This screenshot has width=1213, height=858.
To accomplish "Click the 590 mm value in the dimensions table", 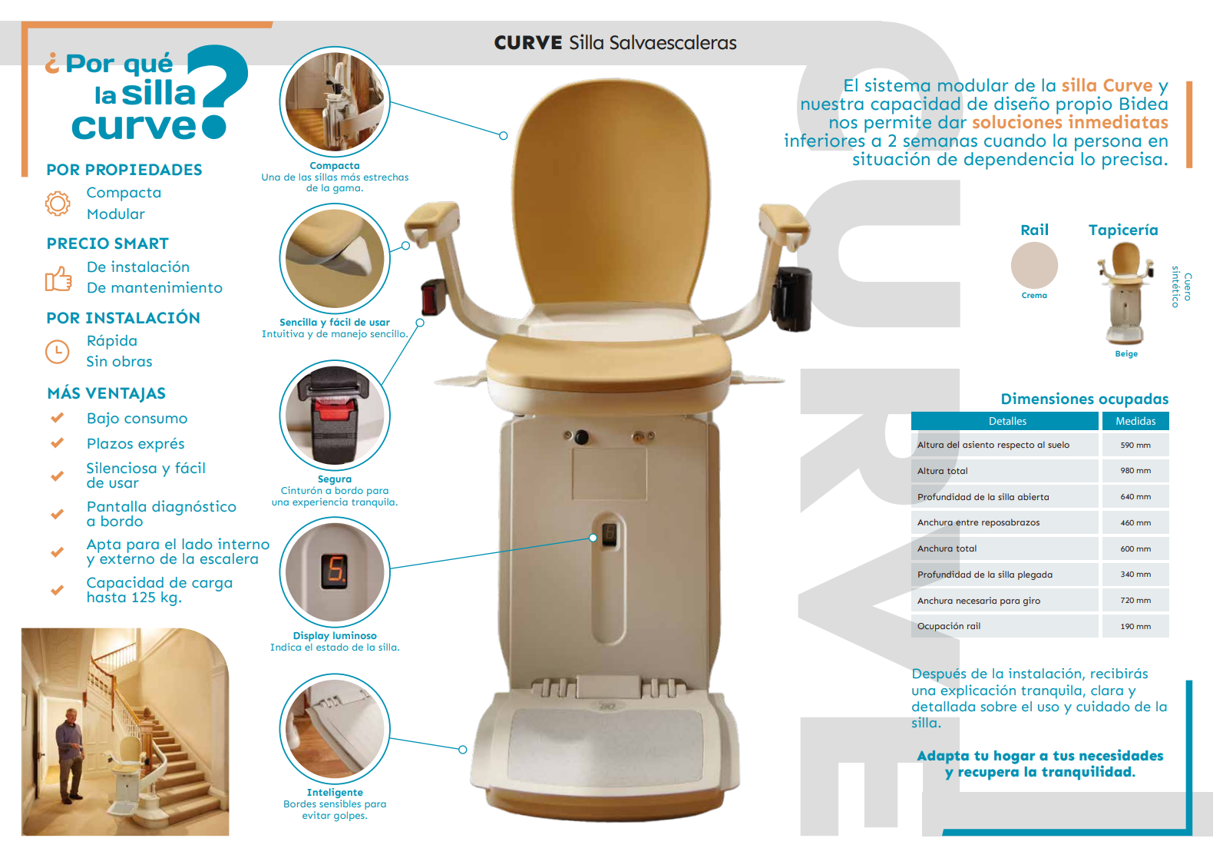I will pos(1135,446).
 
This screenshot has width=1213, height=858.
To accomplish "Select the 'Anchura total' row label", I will pos(947,548).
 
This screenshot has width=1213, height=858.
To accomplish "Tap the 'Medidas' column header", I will pos(1135,421).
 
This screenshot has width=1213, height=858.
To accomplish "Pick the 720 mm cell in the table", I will pos(1135,601).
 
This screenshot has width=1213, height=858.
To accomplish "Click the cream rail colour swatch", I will pos(1034,265).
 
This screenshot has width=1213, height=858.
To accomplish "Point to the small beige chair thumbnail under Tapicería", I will pos(1125,292).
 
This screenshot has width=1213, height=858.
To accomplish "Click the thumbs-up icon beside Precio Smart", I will pos(58,279).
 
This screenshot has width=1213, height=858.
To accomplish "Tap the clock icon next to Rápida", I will pos(58,352).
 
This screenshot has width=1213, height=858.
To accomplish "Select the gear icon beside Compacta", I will pos(58,204).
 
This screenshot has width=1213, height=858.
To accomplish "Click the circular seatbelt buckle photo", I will pos(335,415).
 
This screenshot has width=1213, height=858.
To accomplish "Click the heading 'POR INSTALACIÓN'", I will pos(123,318).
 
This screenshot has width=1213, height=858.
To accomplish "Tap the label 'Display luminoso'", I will pos(335,636).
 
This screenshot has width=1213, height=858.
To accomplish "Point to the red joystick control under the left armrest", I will pos(433,297).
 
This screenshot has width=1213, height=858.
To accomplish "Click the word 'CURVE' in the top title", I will pos(528,43).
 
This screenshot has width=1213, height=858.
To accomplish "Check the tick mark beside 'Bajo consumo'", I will pos(57,419).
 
